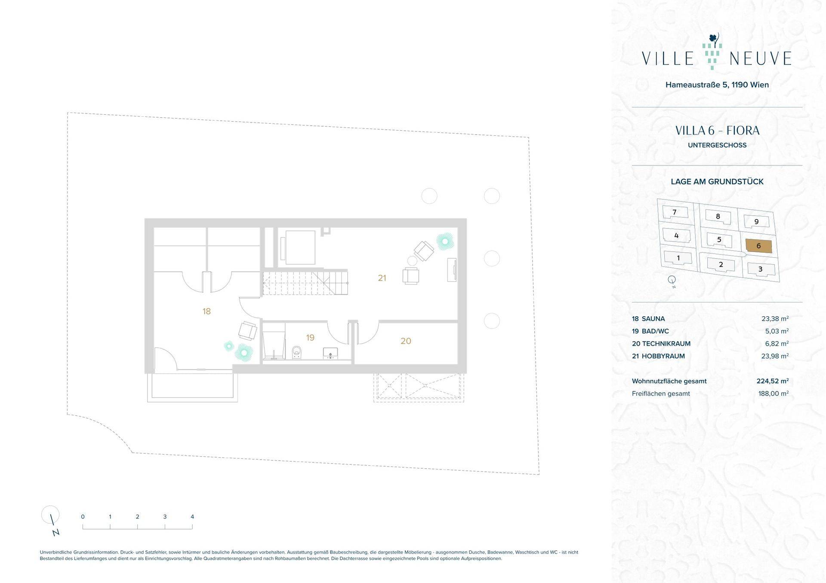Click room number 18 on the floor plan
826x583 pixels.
[x=206, y=311]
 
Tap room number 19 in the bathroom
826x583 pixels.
[x=310, y=338]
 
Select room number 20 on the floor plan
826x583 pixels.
[x=406, y=341]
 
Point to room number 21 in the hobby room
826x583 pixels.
[x=382, y=278]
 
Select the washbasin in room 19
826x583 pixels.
[x=330, y=354]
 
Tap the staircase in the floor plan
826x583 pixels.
[x=305, y=282]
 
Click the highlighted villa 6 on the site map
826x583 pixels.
[x=758, y=246]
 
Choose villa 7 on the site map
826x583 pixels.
[x=675, y=212]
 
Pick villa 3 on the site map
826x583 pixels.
[x=761, y=269]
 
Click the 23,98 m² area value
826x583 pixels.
[x=775, y=356]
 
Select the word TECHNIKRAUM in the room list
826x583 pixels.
[x=666, y=344]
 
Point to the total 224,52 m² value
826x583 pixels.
[x=773, y=381]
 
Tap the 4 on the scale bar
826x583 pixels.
[x=192, y=517]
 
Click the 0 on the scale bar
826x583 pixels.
[x=83, y=517]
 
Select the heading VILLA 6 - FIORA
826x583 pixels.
[x=717, y=131]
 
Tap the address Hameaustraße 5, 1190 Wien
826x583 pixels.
[x=717, y=85]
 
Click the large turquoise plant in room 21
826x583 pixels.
[x=445, y=241]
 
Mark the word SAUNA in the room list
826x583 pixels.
[x=653, y=319]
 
